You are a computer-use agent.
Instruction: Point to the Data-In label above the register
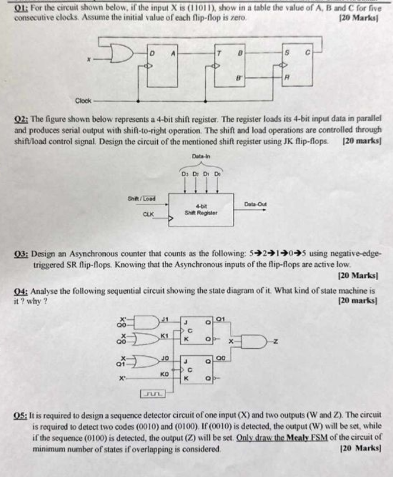click(201, 156)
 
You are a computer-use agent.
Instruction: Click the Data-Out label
click(255, 204)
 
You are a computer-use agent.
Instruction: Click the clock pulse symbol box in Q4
click(153, 392)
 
